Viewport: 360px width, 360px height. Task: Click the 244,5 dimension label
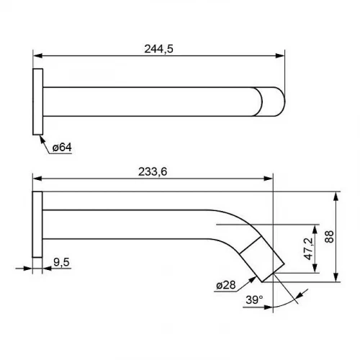[x=158, y=49]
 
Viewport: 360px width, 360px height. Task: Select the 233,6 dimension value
[x=153, y=172]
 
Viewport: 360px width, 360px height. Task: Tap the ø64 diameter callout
[x=62, y=147]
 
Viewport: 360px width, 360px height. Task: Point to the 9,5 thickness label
[x=61, y=262]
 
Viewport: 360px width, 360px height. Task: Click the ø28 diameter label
[x=226, y=285]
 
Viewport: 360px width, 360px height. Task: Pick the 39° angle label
[x=254, y=300]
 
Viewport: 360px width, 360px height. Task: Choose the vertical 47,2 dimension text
[x=309, y=248]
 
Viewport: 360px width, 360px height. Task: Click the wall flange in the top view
[x=38, y=102]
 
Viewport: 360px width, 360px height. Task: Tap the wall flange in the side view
[x=37, y=225]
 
